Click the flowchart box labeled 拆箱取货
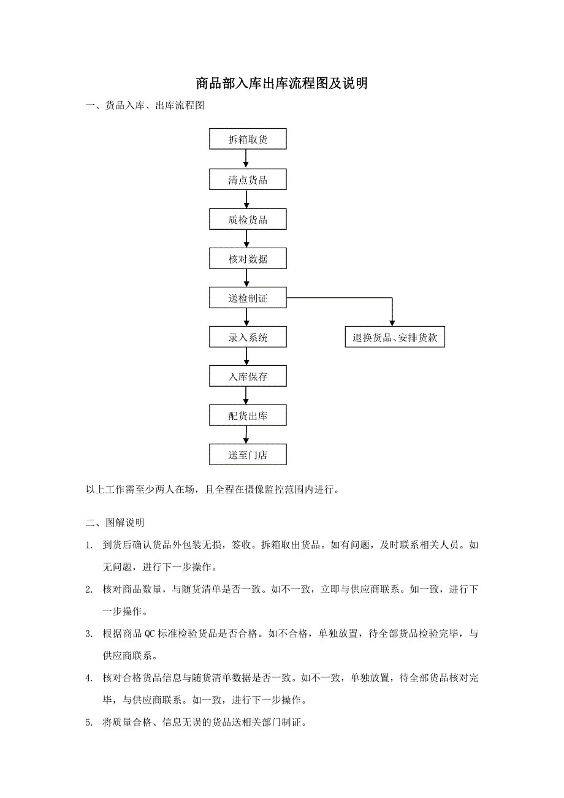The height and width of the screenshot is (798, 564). pyautogui.click(x=248, y=139)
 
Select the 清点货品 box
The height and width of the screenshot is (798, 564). pyautogui.click(x=248, y=180)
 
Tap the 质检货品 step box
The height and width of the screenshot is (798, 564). pyautogui.click(x=248, y=219)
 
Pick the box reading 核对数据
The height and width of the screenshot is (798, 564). pyautogui.click(x=248, y=259)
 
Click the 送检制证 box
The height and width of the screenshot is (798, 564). pyautogui.click(x=248, y=298)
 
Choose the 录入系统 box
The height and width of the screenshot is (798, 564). pyautogui.click(x=248, y=337)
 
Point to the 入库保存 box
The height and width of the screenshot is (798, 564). pyautogui.click(x=248, y=376)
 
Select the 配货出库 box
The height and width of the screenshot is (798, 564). pyautogui.click(x=248, y=416)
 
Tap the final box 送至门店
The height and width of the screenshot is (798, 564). pyautogui.click(x=248, y=455)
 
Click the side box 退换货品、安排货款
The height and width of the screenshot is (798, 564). pyautogui.click(x=394, y=337)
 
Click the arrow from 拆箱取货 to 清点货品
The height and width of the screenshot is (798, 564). pyautogui.click(x=246, y=159)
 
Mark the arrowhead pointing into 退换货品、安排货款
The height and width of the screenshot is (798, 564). pyautogui.click(x=392, y=322)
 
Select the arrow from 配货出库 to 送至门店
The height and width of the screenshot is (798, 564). pyautogui.click(x=246, y=435)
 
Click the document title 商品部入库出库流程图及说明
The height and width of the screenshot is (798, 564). pyautogui.click(x=281, y=83)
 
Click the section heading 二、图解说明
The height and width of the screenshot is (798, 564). pyautogui.click(x=115, y=523)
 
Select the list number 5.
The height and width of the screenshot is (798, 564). pyautogui.click(x=90, y=723)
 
